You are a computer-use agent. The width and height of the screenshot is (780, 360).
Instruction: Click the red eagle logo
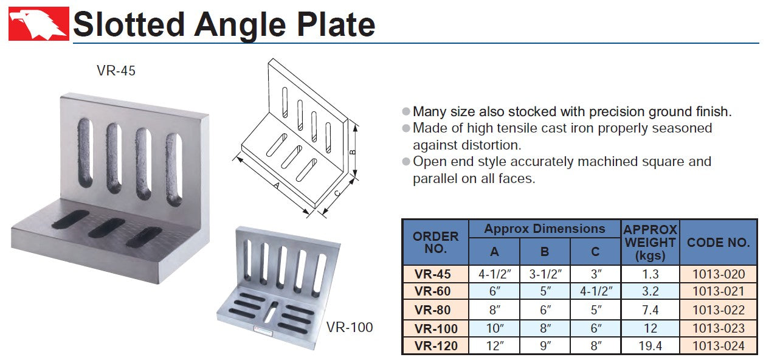point(39,24)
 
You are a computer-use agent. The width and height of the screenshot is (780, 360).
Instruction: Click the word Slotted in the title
point(128,24)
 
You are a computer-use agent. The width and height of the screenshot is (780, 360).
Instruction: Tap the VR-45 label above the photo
point(116,71)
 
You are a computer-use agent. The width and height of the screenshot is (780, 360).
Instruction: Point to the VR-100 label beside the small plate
point(349,327)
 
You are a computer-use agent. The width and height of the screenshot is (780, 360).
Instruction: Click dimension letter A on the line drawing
point(277,185)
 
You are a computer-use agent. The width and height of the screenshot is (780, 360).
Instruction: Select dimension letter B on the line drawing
point(353,152)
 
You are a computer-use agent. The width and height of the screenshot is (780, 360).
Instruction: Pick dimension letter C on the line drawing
point(337,193)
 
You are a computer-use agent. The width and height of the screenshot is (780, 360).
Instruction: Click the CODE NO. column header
point(718,242)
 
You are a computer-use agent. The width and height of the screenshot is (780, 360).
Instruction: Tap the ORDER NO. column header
point(435,242)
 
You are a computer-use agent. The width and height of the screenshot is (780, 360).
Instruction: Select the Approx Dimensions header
point(545,229)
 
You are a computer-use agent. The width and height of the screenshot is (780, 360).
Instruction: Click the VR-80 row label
point(432,310)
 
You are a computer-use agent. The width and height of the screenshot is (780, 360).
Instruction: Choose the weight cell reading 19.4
point(650,346)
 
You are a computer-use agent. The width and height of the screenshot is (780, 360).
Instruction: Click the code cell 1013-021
point(719,291)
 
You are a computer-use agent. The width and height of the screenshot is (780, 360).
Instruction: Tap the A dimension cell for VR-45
point(494,274)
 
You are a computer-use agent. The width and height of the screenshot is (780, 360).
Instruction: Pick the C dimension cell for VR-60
point(596,291)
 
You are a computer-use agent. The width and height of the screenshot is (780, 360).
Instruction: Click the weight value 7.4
point(650,310)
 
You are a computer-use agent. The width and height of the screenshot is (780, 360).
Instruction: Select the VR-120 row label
point(436,346)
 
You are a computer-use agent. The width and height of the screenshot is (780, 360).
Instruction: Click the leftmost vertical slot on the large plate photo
point(85,153)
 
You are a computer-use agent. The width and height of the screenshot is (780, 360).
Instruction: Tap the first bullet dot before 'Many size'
point(406,111)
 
